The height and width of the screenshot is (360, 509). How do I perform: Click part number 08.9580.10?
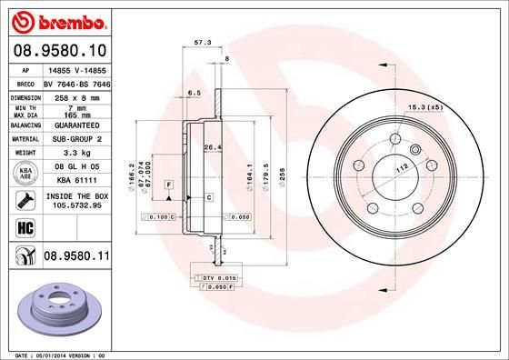[59, 50]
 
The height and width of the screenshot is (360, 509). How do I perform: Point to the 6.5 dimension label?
[193, 93]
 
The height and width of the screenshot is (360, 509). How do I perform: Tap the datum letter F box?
[168, 185]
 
